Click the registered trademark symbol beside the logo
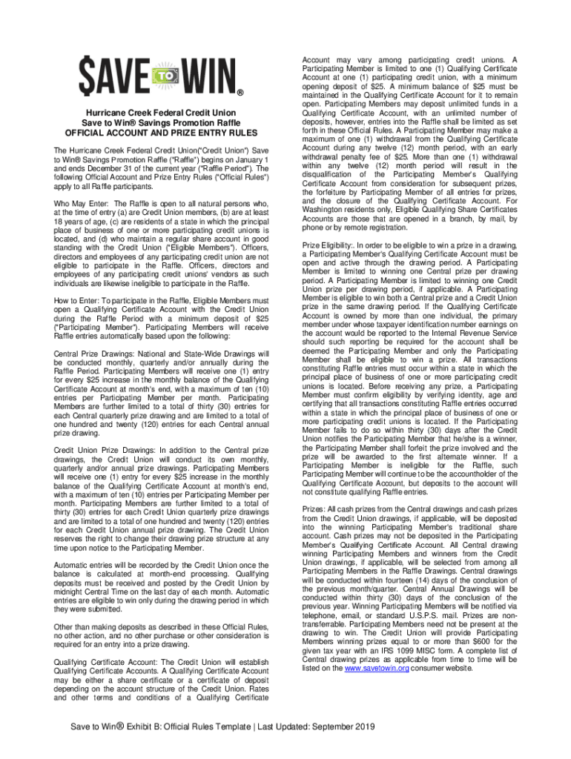pyautogui.click(x=240, y=92)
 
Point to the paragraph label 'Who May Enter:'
pyautogui.click(x=82, y=203)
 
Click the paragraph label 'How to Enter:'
pyautogui.click(x=79, y=301)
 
